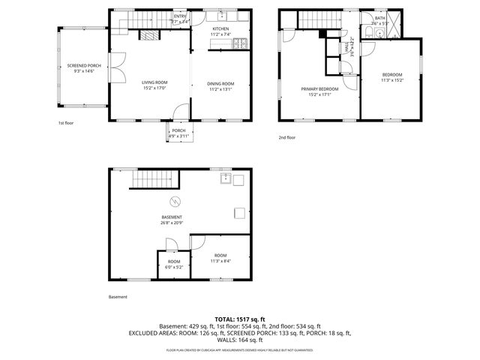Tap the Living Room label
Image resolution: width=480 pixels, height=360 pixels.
click(x=154, y=85)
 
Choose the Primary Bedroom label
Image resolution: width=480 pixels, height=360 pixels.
click(x=320, y=91)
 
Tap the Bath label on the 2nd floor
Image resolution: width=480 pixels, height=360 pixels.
click(x=379, y=20)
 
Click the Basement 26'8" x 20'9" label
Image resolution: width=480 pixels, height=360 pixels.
click(x=172, y=220)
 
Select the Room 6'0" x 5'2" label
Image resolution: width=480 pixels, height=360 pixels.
click(x=174, y=264)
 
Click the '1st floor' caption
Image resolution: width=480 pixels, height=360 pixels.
click(x=66, y=123)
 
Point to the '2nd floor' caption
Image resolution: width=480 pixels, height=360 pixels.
click(x=287, y=137)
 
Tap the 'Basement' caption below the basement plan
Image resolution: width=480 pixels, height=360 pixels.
click(x=118, y=297)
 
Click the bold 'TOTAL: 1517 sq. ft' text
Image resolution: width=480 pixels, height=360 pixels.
click(x=239, y=319)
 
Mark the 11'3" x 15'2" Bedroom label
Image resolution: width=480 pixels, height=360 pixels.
click(x=392, y=77)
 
